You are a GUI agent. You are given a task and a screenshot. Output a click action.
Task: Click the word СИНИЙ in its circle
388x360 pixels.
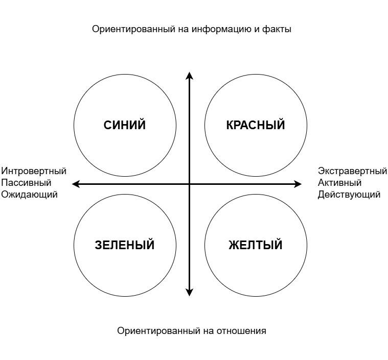pyautogui.click(x=124, y=125)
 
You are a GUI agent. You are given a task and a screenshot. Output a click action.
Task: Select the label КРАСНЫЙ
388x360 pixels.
pyautogui.click(x=256, y=125)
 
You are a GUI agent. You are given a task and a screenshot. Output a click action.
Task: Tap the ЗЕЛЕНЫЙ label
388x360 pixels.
pyautogui.click(x=124, y=245)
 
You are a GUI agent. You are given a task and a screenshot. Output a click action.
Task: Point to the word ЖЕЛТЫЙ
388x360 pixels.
pyautogui.click(x=256, y=245)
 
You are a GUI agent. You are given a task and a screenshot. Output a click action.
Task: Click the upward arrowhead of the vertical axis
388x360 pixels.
pyautogui.click(x=189, y=75)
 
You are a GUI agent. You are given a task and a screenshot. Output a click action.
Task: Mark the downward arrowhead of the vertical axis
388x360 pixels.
pyautogui.click(x=189, y=293)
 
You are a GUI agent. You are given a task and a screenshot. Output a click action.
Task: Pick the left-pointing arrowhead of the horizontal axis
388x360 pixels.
pyautogui.click(x=76, y=184)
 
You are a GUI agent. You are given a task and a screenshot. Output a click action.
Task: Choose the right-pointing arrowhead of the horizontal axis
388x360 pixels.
pyautogui.click(x=298, y=184)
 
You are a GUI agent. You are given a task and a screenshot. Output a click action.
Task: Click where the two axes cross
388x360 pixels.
pyautogui.click(x=189, y=184)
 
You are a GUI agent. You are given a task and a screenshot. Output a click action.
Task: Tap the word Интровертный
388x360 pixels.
pyautogui.click(x=34, y=171)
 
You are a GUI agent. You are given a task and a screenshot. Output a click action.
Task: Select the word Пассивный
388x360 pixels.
pyautogui.click(x=26, y=183)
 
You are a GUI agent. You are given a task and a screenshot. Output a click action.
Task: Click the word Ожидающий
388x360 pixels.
pyautogui.click(x=30, y=195)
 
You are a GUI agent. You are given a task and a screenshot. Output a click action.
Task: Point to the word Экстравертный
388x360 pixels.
pyautogui.click(x=352, y=171)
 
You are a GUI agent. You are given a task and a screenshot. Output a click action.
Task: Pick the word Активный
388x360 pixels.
pyautogui.click(x=339, y=183)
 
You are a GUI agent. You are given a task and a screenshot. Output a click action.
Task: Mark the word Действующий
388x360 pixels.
pyautogui.click(x=349, y=195)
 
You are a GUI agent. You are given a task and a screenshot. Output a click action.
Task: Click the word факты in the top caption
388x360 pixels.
pyautogui.click(x=277, y=29)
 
